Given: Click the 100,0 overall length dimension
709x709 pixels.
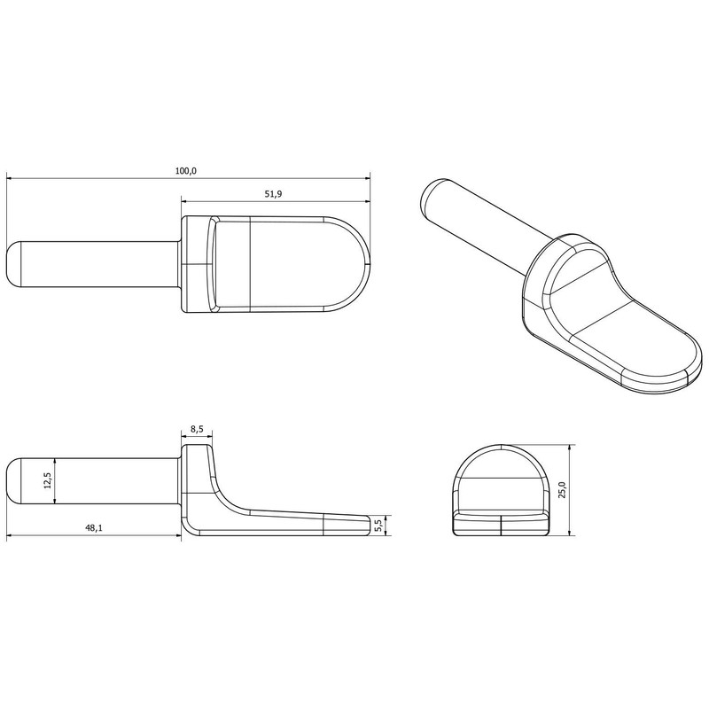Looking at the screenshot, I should pos(184,171).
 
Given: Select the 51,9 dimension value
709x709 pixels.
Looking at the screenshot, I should pos(274,194).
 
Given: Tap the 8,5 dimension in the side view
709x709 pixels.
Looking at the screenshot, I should pos(197,429).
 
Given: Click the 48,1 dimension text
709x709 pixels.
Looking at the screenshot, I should pos(93,528).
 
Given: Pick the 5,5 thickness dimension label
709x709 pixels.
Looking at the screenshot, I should pos(378,525).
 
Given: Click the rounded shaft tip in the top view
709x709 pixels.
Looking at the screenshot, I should pos(12,264).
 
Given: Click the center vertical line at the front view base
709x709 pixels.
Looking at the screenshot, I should pos(501,526).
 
